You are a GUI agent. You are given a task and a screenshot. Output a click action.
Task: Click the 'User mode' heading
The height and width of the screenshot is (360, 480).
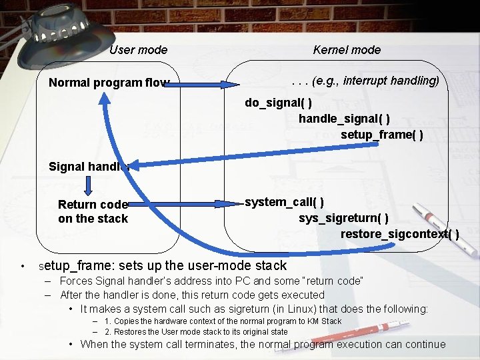pos(138,50)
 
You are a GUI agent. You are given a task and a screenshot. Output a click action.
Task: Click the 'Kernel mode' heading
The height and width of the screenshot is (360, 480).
pos(347,50)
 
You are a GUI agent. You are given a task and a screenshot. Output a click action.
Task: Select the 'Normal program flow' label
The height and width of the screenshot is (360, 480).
pos(109,83)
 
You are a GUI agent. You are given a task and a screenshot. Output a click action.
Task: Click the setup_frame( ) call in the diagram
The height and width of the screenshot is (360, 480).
pos(381,135)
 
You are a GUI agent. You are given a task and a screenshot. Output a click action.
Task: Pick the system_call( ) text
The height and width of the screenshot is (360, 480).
pos(285,202)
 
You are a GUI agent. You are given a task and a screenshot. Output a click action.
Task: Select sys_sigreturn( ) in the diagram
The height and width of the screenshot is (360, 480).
pos(344,218)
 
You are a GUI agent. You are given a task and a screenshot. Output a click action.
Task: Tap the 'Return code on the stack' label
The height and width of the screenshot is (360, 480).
pos(93,211)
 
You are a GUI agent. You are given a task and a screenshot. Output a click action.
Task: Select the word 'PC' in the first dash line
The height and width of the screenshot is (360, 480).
pos(221,281)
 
